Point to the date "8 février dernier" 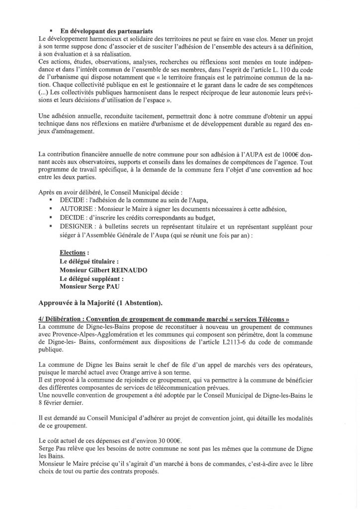coord(59,400)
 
